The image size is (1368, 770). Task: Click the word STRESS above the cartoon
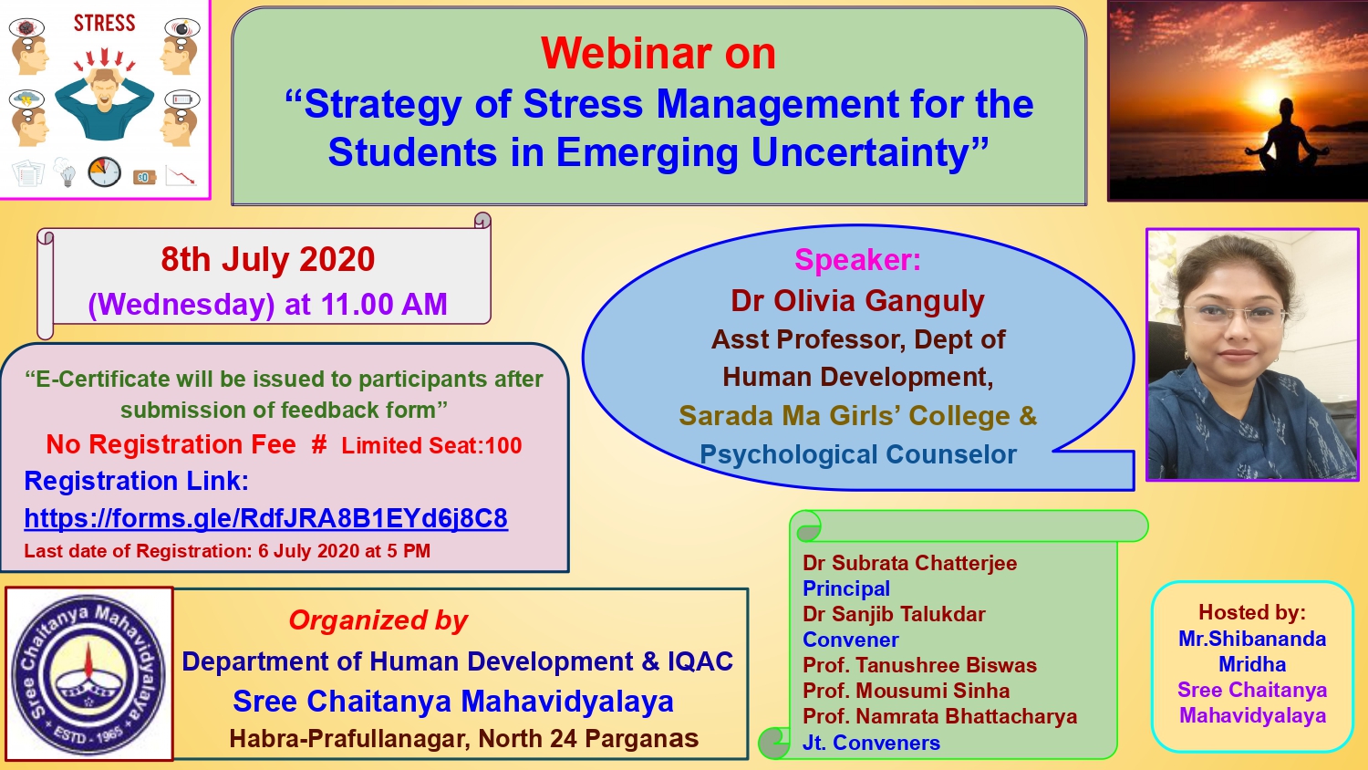click(x=105, y=23)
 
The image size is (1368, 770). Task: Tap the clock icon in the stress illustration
click(x=105, y=172)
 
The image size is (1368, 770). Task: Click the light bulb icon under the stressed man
click(x=66, y=172)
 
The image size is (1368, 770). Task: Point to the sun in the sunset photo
click(x=1268, y=97)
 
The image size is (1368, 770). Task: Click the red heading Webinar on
click(x=658, y=54)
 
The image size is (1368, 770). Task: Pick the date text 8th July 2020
click(x=267, y=259)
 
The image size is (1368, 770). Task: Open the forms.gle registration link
click(x=265, y=518)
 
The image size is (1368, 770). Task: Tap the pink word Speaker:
click(x=857, y=260)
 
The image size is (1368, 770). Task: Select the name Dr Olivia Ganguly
click(x=857, y=301)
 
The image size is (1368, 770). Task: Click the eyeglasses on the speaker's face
click(x=1235, y=315)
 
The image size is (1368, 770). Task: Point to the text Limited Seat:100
click(x=431, y=445)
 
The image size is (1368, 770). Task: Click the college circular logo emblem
click(x=88, y=674)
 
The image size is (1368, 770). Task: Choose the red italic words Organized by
click(x=378, y=620)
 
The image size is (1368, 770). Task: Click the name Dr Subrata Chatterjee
click(x=909, y=563)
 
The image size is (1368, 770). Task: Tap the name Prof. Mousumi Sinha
click(x=906, y=691)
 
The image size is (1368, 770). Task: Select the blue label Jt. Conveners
click(x=871, y=743)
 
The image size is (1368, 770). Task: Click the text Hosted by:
click(x=1252, y=612)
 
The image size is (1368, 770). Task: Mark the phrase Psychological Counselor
click(x=857, y=454)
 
